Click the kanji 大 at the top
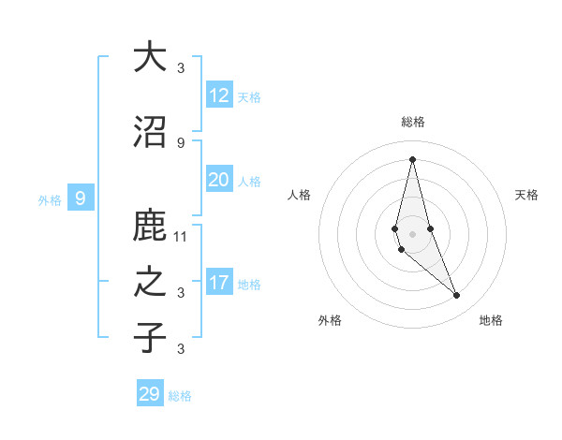(x=150, y=57)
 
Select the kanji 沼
(x=150, y=133)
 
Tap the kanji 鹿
(x=150, y=227)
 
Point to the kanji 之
(x=150, y=283)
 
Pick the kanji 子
(x=150, y=338)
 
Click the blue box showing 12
(x=219, y=95)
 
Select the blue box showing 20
(x=219, y=180)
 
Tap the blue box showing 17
(x=219, y=283)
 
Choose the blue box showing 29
(x=150, y=394)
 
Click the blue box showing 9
(x=81, y=198)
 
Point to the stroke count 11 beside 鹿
(x=181, y=236)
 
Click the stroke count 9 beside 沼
(x=181, y=142)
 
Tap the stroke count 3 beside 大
(x=181, y=67)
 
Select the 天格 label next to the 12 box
(x=249, y=96)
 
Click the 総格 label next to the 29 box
(x=180, y=396)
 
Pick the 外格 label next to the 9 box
(x=50, y=199)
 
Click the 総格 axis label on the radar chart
(x=412, y=122)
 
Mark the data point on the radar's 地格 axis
(x=457, y=296)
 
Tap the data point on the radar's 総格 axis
(x=412, y=158)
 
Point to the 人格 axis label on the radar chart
(x=299, y=195)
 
